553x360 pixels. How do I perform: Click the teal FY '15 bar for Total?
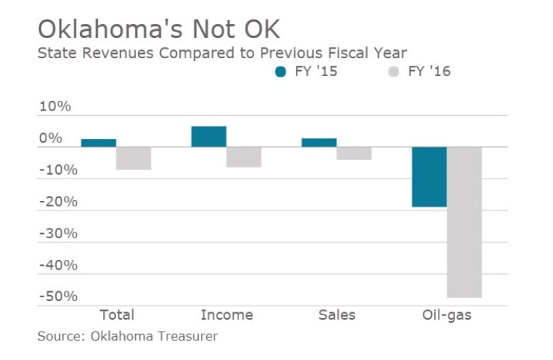(x=98, y=143)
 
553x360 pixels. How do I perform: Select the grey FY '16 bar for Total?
(x=134, y=158)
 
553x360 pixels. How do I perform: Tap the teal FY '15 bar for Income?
(x=208, y=137)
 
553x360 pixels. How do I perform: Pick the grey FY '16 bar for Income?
(x=244, y=157)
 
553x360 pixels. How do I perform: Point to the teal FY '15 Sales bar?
(x=319, y=143)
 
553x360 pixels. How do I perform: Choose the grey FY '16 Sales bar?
(x=354, y=153)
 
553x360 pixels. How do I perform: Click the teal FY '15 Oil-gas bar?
(x=429, y=177)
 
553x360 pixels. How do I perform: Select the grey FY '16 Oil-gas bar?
(x=464, y=222)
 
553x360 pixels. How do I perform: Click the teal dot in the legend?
(x=281, y=72)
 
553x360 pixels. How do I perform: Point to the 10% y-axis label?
(x=55, y=107)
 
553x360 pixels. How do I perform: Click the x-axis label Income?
(x=226, y=315)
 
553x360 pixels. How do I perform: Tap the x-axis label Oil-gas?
(x=447, y=315)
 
